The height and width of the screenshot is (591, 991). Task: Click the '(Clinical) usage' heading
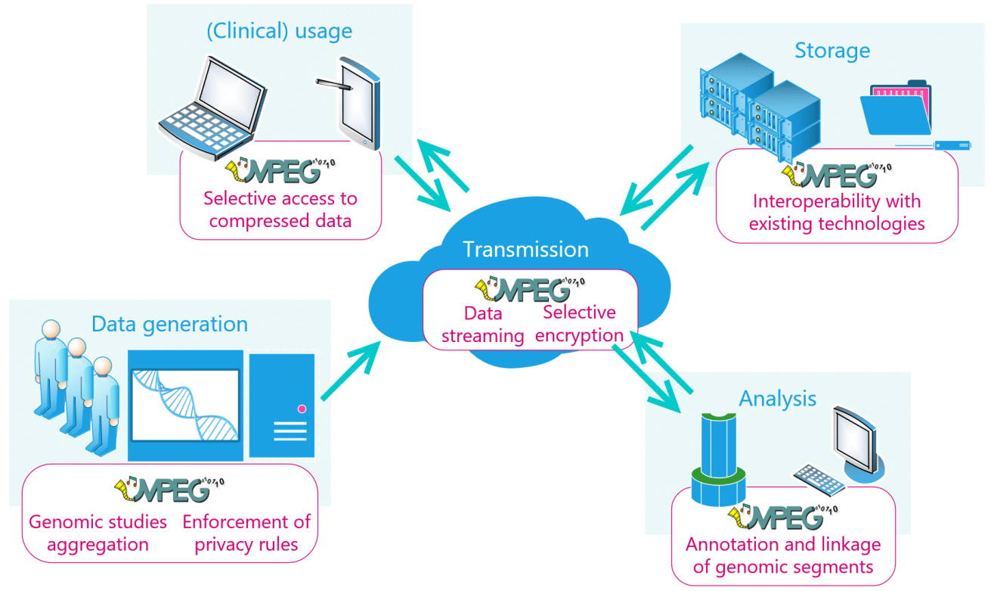[279, 32]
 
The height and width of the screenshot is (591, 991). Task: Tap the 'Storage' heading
[832, 51]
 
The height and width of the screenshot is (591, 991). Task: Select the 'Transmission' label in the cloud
[525, 250]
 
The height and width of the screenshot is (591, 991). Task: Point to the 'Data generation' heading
[169, 325]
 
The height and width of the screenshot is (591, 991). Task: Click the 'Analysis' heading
[777, 399]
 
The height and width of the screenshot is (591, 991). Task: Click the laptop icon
[213, 108]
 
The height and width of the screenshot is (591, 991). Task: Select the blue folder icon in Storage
[896, 107]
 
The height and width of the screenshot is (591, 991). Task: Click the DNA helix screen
[185, 406]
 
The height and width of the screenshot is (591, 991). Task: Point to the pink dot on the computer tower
[302, 409]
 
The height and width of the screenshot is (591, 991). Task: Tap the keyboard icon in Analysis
[819, 480]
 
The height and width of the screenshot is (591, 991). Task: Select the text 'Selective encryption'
[579, 324]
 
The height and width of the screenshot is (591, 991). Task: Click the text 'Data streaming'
[483, 325]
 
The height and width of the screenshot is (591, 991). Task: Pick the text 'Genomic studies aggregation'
[98, 533]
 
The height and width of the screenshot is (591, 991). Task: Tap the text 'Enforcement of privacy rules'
[246, 533]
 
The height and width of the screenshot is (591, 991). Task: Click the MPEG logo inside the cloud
[530, 289]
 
